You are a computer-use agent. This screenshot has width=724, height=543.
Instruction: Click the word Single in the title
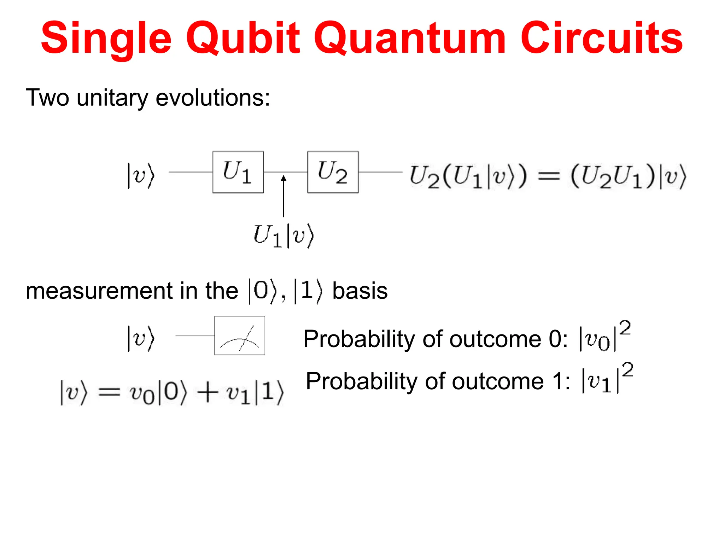pyautogui.click(x=106, y=38)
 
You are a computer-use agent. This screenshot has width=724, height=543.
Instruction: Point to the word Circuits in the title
pyautogui.click(x=601, y=38)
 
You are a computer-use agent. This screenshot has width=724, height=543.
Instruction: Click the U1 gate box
pyautogui.click(x=238, y=172)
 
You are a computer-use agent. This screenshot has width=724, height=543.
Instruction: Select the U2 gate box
pyautogui.click(x=333, y=172)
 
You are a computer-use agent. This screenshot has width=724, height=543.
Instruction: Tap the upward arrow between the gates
pyautogui.click(x=284, y=196)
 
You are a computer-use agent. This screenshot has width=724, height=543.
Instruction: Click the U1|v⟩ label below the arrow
pyautogui.click(x=284, y=236)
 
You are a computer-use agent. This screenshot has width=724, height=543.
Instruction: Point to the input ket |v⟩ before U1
pyautogui.click(x=141, y=175)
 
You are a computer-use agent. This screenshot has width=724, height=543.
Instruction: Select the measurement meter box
pyautogui.click(x=239, y=335)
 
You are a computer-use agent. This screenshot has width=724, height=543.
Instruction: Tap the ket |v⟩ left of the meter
pyautogui.click(x=141, y=338)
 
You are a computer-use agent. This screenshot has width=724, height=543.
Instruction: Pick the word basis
pyautogui.click(x=360, y=291)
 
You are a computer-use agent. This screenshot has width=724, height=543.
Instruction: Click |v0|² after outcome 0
pyautogui.click(x=605, y=337)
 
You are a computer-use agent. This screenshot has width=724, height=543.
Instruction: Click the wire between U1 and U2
pyautogui.click(x=276, y=172)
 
